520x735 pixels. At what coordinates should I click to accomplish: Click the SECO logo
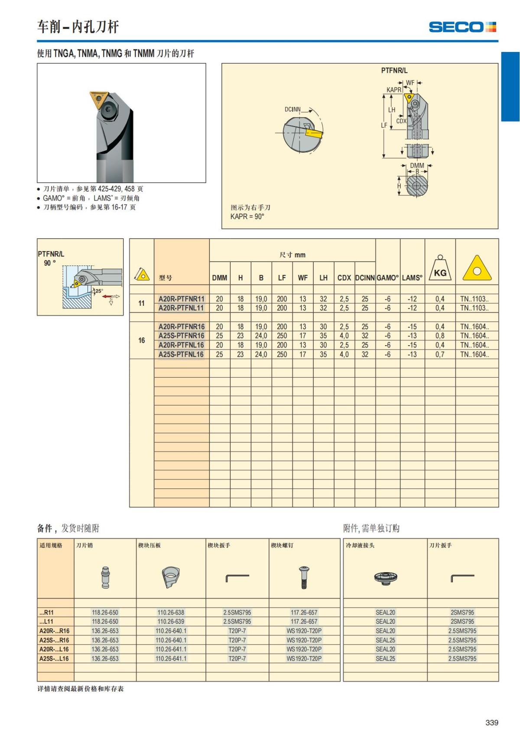tap(462, 27)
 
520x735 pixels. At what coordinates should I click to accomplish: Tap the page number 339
tap(492, 722)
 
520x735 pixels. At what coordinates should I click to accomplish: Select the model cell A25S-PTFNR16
tap(181, 336)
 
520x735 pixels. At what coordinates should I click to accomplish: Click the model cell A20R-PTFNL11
tap(181, 308)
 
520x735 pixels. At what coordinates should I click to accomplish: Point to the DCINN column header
tap(365, 278)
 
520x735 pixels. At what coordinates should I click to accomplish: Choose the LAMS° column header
tap(412, 278)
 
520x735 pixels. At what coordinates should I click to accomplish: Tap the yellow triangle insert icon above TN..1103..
tap(477, 268)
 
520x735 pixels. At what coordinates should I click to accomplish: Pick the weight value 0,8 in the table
tap(440, 336)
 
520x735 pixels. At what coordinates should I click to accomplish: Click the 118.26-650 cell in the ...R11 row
tap(105, 612)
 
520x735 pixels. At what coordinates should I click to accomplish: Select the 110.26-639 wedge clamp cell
tap(171, 622)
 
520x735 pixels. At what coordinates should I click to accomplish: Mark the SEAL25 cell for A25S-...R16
tap(385, 640)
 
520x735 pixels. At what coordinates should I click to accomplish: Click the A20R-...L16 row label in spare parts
tap(54, 649)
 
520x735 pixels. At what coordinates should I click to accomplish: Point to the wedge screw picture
tap(304, 577)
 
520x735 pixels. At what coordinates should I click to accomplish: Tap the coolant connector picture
tap(385, 577)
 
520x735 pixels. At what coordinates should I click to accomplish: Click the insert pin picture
tap(105, 577)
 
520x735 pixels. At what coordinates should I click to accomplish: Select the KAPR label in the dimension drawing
tap(393, 90)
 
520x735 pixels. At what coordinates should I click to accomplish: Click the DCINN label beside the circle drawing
tap(292, 109)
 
